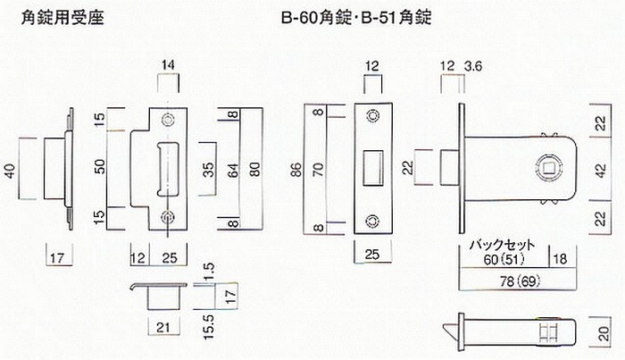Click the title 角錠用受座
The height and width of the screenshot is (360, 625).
point(60,17)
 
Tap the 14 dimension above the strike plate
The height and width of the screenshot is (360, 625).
point(168,65)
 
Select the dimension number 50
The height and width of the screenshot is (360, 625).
point(101,166)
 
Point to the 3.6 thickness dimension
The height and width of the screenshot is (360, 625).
point(474,65)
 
